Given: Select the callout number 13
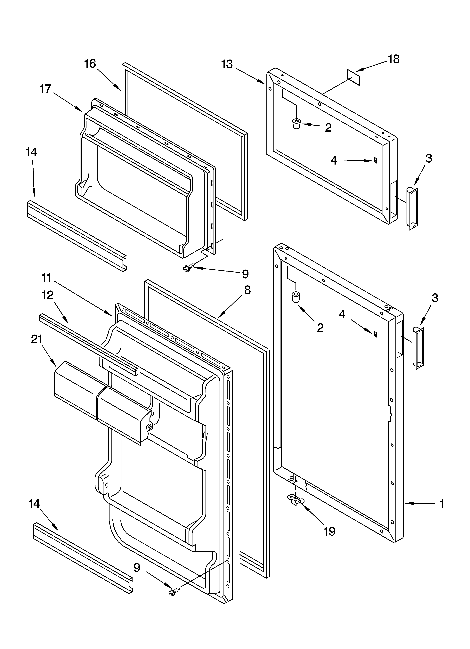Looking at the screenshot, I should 227,64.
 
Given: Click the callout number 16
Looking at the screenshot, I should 90,64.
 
